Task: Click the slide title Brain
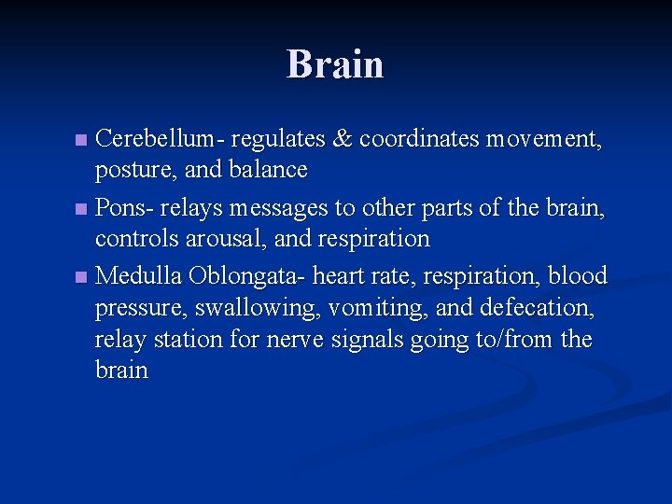point(335,64)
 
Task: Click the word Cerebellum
point(155,139)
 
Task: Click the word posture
point(127,171)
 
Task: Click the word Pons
point(118,207)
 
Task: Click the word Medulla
point(139,275)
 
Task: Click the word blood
point(577,275)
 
